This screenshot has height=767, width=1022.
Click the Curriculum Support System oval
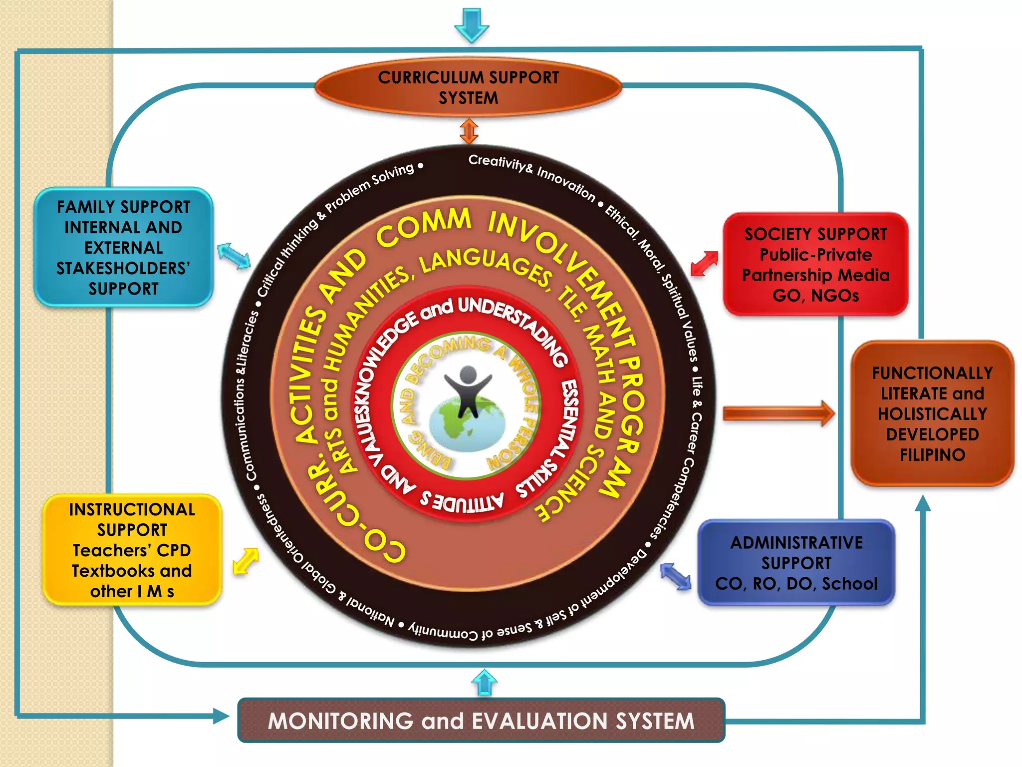coord(468,88)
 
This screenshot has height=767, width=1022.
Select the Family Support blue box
coord(123,248)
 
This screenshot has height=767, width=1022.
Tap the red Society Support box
coord(815,265)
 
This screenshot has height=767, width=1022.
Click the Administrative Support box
coord(796,563)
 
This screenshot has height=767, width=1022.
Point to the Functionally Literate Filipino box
coord(932,413)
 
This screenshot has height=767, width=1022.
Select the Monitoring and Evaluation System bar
coord(481,721)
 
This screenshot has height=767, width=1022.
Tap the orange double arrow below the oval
coord(469,131)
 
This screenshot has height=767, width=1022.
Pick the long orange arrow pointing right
coord(778,413)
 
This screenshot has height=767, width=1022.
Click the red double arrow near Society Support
coord(705,263)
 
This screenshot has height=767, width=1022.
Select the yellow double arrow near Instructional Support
coord(246,561)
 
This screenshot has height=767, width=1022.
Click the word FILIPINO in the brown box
coord(932,455)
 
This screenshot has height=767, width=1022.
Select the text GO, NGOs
coord(815,296)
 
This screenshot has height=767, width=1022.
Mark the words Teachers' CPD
coord(132,550)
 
